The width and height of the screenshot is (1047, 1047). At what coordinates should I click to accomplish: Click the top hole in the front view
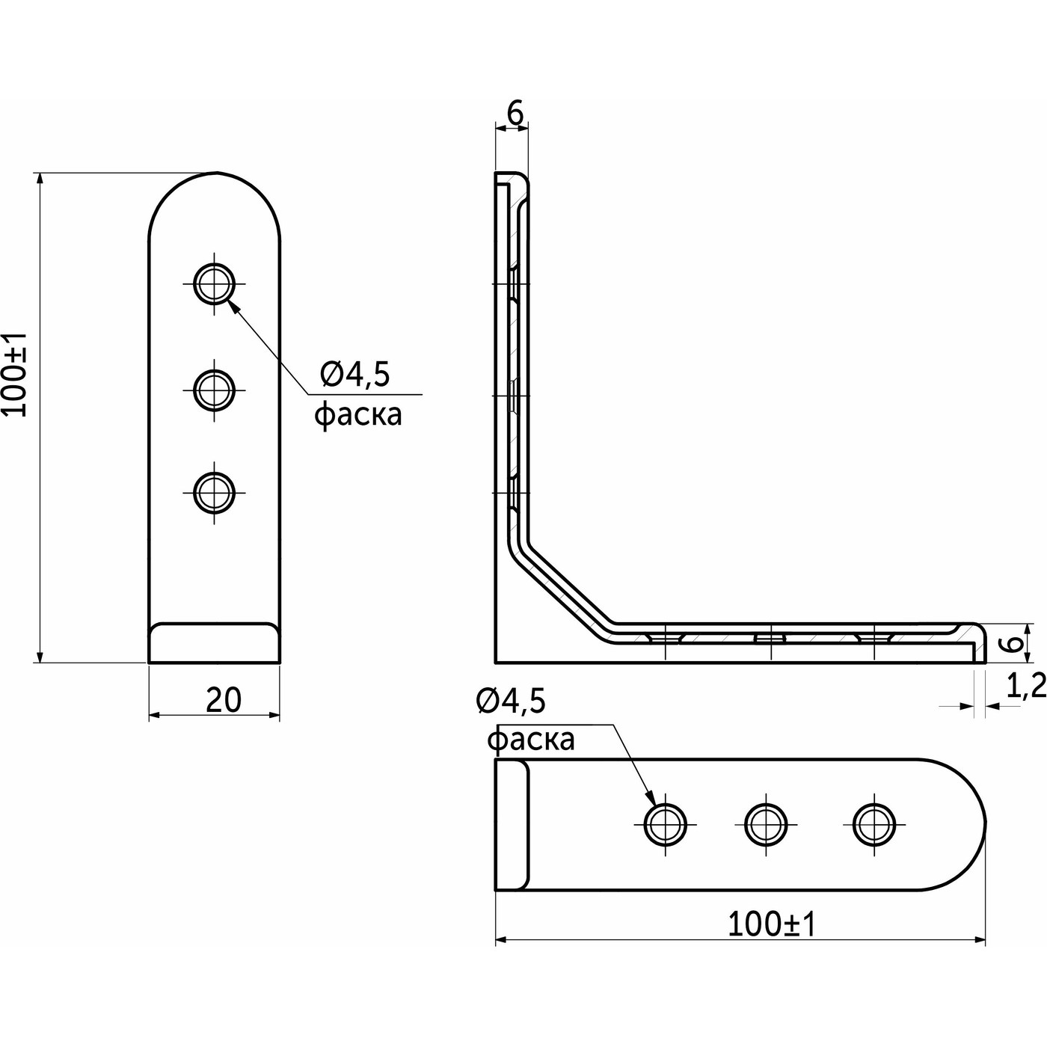(215, 283)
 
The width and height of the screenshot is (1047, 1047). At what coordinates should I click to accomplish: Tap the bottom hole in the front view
(215, 491)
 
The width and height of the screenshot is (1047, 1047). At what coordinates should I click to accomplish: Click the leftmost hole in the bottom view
(665, 824)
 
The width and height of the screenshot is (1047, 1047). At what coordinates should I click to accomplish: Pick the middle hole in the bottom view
(766, 824)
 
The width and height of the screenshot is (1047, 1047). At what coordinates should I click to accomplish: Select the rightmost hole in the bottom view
(873, 824)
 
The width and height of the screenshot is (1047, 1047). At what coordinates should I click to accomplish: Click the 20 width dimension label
(223, 700)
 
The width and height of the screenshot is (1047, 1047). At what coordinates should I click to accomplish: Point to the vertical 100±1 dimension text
(16, 374)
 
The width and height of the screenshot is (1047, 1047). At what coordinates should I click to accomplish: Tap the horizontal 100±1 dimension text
(771, 925)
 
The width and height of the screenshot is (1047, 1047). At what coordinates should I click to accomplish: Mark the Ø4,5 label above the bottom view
(511, 701)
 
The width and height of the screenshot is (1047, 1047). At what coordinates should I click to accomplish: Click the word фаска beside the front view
(357, 414)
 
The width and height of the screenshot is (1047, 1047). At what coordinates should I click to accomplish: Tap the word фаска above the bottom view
(531, 740)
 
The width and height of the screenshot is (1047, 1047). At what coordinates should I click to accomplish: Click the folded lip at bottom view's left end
(512, 824)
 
